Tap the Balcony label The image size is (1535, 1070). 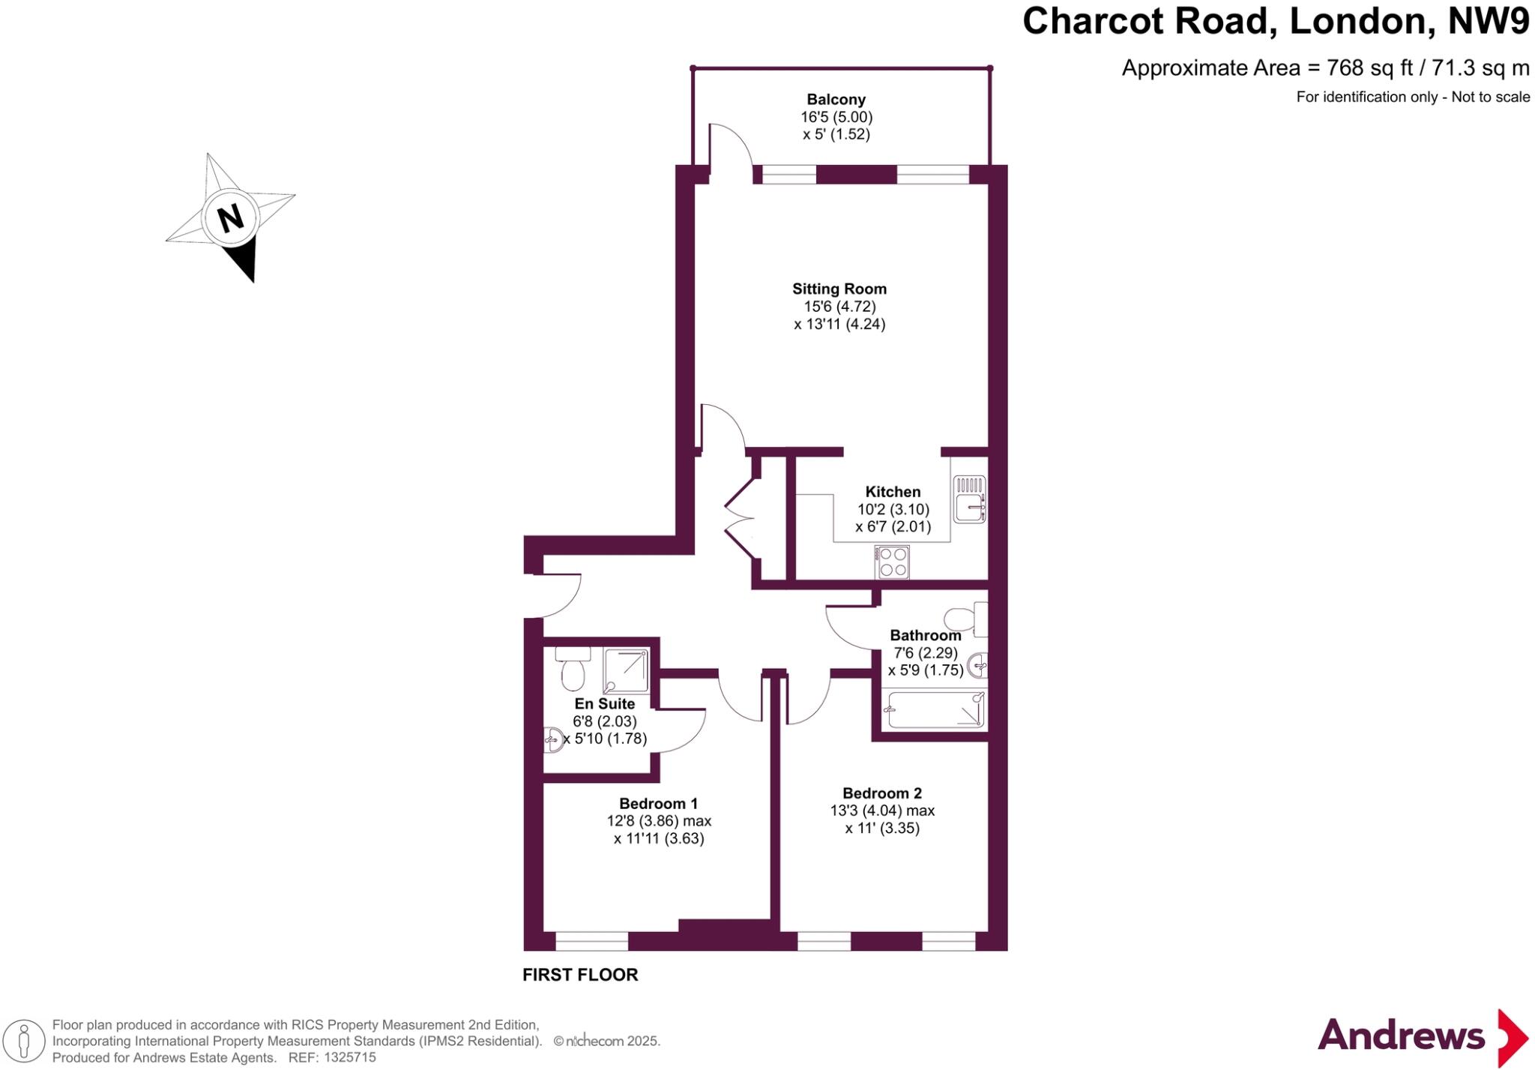836,100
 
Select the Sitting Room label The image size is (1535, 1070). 839,289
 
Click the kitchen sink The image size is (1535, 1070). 969,499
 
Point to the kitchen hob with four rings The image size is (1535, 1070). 892,562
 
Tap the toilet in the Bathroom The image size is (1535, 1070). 963,619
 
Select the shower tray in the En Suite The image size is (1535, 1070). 626,670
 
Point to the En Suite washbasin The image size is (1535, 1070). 554,739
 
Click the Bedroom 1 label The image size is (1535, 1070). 658,804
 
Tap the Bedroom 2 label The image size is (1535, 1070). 882,793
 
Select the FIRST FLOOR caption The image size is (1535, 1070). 580,975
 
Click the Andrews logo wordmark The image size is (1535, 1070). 1401,1036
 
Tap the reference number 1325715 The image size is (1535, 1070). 351,1058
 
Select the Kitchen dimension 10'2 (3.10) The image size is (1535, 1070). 893,509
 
